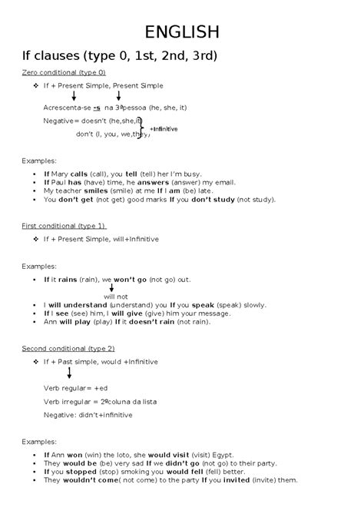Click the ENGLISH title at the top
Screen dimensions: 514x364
(182, 32)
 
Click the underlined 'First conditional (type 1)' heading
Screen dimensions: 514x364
(64, 226)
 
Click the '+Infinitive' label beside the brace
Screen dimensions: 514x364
(164, 128)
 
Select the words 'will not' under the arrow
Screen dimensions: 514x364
(115, 295)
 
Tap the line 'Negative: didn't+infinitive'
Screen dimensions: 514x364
(88, 414)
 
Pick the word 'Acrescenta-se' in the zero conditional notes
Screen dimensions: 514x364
(66, 108)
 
